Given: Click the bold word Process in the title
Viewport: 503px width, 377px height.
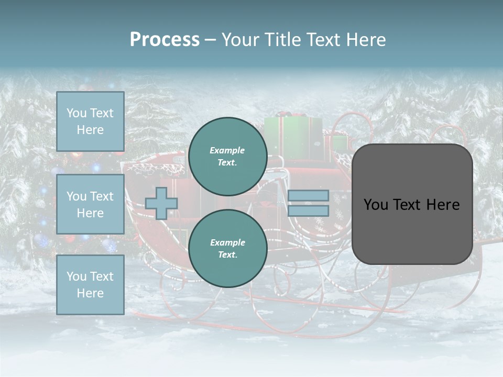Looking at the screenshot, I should (165, 40).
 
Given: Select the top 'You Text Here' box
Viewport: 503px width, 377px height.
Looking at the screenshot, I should (90, 121).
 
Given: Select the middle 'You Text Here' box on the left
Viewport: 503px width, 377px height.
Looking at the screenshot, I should (90, 204).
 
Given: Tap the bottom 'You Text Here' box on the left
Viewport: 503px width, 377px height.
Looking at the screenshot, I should (90, 284).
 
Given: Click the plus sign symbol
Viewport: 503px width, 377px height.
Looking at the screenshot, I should (161, 203).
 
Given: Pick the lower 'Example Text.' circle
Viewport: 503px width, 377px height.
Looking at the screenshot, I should (228, 248).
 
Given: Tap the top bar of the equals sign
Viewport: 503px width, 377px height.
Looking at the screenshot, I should (309, 196).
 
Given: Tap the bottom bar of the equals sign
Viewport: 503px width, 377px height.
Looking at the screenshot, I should (309, 211).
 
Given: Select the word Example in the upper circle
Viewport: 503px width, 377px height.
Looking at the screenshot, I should (227, 150).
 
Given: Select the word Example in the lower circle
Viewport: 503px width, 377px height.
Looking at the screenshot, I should (227, 242).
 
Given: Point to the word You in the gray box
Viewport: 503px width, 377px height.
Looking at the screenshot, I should (376, 205).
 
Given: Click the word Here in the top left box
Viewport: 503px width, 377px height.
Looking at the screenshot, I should (90, 130).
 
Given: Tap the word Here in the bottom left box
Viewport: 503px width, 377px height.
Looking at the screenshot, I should (90, 293).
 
